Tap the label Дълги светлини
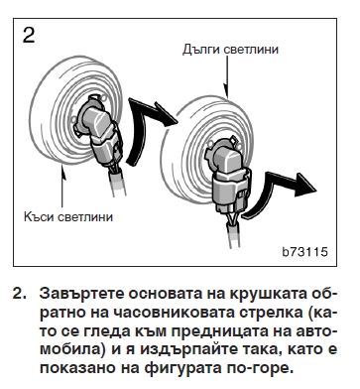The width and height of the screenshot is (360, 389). [230, 47]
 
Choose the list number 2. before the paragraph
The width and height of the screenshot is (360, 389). [18, 295]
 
